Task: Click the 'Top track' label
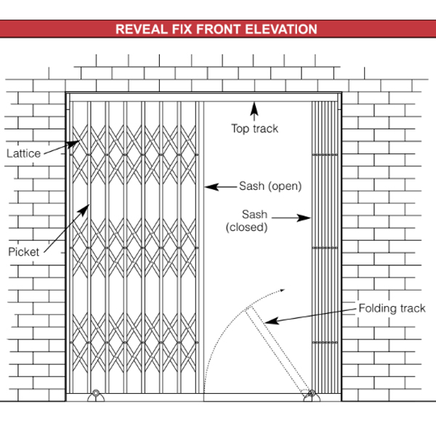(x=254, y=129)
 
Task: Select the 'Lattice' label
(x=23, y=153)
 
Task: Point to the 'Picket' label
(x=23, y=251)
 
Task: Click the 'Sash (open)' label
(x=270, y=186)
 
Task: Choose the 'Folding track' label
(x=392, y=308)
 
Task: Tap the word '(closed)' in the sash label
(x=247, y=227)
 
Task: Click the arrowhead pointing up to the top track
(x=254, y=107)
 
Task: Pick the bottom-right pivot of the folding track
(x=311, y=395)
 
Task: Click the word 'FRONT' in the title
(x=225, y=30)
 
